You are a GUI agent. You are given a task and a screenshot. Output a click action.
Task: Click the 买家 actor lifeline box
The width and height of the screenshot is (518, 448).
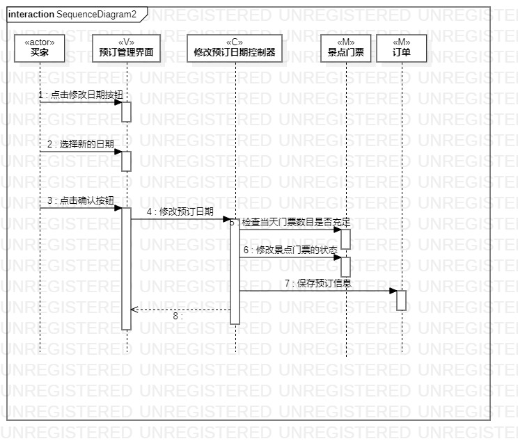(40, 48)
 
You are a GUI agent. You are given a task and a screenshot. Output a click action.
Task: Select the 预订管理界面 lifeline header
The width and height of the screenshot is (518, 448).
(126, 48)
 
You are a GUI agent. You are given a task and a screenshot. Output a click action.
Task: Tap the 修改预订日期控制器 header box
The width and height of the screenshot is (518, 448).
(235, 48)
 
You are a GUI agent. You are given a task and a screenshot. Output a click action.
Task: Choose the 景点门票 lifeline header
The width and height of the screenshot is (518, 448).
(346, 48)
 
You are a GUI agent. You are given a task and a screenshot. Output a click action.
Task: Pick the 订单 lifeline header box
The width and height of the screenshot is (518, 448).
(402, 48)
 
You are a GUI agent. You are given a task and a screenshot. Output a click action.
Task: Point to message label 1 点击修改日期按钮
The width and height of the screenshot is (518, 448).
(84, 94)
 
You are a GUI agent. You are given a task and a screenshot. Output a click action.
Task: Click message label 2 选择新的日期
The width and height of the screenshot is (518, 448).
(81, 144)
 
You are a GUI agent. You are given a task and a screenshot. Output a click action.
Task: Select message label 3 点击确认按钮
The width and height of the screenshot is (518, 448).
(81, 200)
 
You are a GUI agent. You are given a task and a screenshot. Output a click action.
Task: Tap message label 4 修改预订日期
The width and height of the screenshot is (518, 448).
(180, 211)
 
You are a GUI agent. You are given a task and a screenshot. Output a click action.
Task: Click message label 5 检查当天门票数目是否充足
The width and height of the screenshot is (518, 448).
(290, 222)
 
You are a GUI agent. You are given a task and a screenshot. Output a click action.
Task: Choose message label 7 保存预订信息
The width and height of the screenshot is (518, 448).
(317, 283)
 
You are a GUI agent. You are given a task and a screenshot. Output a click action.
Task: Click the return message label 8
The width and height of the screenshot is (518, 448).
(178, 316)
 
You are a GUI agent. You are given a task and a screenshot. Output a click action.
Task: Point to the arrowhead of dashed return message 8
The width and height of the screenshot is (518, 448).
(134, 310)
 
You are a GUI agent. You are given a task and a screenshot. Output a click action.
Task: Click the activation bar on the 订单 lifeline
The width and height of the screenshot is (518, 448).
(402, 300)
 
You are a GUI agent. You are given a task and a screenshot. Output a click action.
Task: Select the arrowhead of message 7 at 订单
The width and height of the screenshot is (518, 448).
(393, 291)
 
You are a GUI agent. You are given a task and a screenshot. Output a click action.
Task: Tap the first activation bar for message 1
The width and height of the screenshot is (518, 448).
(127, 111)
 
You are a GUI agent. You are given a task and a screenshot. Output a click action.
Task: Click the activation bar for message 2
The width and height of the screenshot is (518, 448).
(127, 161)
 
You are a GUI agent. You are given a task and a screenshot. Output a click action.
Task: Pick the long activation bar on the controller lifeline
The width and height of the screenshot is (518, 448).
(235, 271)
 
